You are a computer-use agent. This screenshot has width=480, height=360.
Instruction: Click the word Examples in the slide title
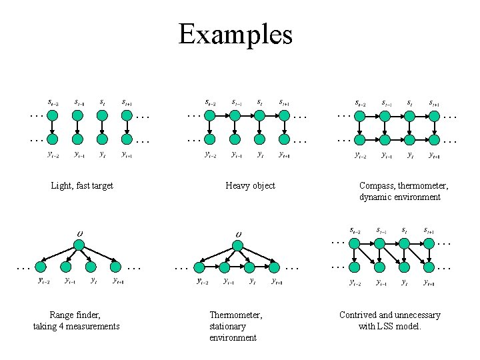pos(235,34)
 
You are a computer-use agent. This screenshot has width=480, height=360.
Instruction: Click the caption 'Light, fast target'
pos(82,186)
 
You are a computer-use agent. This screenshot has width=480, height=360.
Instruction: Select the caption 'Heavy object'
pos(250,186)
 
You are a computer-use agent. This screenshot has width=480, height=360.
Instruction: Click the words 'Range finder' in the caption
pos(75,315)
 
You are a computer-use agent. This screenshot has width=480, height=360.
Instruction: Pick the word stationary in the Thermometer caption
pos(227,327)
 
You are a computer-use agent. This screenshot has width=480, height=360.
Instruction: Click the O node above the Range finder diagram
pos(79,245)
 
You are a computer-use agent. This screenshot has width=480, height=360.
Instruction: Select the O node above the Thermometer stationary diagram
pos(237,245)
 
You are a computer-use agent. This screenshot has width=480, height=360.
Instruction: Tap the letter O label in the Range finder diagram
pos(79,233)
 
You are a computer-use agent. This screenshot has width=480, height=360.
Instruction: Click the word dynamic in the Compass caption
pos(376,197)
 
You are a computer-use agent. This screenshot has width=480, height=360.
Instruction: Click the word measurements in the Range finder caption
pos(93,327)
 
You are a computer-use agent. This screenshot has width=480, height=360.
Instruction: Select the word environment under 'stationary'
pos(233,338)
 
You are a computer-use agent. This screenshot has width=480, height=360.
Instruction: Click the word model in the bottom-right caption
pos(409,327)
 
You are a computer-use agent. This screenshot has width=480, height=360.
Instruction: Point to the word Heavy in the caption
pos(237,186)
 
